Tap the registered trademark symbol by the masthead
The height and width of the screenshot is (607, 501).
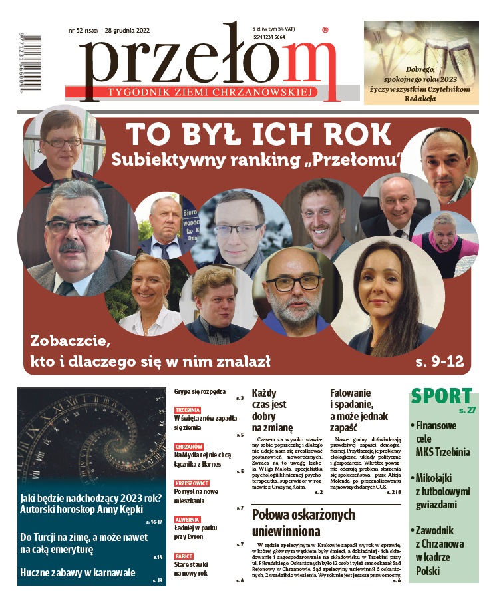pos(324,30)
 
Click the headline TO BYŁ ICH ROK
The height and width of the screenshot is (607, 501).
pos(259,134)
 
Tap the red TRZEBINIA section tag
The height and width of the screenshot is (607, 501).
pos(188,410)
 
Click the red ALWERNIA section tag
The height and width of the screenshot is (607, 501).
pos(187,519)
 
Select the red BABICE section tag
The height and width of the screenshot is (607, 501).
pos(184,556)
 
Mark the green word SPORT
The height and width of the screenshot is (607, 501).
pos(441,395)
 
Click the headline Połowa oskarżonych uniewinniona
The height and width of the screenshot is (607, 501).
pos(303,523)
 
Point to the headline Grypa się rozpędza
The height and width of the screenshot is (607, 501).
pos(200,392)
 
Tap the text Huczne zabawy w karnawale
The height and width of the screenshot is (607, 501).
pos(77,572)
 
